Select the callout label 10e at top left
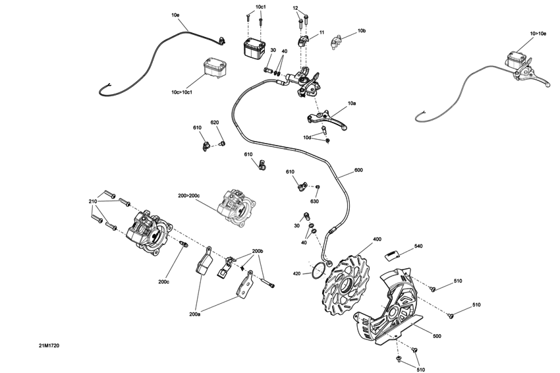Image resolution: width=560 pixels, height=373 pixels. tap(175, 14)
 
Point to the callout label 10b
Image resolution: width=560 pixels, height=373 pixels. tap(362, 31)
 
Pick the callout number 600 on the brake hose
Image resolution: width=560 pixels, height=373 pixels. tap(358, 170)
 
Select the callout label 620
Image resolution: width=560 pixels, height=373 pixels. tap(215, 123)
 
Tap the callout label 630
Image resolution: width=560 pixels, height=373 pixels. tap(314, 201)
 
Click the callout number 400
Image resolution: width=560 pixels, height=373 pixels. tap(377, 239)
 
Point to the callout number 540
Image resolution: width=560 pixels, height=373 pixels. tap(418, 246)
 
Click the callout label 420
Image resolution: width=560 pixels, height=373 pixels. tap(297, 273)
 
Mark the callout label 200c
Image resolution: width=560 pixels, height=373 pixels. tap(163, 281)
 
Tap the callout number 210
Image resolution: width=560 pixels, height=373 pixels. tap(93, 201)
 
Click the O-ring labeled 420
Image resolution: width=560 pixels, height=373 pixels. tap(320, 268)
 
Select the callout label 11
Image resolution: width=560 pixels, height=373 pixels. tap(322, 32)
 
